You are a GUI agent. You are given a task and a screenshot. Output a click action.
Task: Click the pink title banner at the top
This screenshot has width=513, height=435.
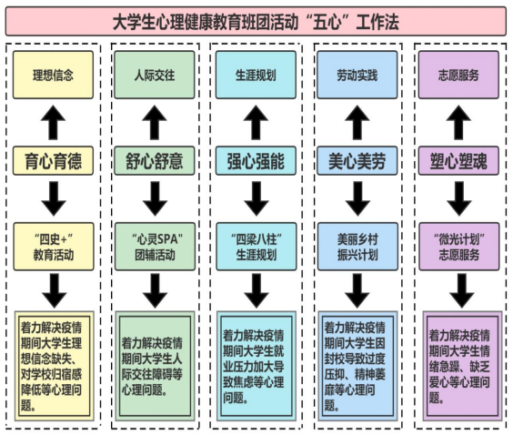[256, 22]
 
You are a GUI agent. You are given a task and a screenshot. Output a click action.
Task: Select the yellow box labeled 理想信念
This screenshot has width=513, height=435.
[53, 75]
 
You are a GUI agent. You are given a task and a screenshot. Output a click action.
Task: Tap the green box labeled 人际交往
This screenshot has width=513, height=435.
[155, 75]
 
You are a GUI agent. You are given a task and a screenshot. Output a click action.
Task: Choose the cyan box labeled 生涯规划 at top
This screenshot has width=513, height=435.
[256, 75]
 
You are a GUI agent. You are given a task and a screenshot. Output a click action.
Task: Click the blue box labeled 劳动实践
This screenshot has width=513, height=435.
[357, 75]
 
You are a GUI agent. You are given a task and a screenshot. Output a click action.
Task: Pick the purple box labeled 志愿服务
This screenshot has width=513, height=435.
[458, 75]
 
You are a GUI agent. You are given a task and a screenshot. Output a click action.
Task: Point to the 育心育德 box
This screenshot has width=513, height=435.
[53, 161]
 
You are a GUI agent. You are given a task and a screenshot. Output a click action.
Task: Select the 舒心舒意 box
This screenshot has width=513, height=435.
[155, 161]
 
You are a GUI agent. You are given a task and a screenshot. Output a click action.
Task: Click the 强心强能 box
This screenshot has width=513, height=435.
[256, 161]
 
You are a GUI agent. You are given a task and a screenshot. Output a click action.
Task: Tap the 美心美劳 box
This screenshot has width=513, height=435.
[357, 161]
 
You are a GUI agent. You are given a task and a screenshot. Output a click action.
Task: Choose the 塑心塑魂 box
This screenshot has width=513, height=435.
[458, 161]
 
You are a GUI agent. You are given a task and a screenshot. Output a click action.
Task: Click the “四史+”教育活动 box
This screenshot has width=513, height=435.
[54, 247]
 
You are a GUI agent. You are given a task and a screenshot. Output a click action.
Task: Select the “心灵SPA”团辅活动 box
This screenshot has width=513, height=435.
[155, 247]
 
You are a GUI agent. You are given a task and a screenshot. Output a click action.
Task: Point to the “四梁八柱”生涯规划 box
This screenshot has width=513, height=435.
[256, 247]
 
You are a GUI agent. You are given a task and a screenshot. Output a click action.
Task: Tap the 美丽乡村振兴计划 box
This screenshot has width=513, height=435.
[358, 247]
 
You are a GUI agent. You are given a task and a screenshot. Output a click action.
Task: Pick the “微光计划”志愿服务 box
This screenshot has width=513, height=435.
[459, 247]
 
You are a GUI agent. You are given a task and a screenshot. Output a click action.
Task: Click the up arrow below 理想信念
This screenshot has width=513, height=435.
[53, 123]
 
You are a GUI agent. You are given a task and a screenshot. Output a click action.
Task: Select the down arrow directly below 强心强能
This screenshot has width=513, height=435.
[256, 198]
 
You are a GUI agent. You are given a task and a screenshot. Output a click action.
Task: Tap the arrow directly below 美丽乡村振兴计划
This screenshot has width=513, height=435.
[357, 290]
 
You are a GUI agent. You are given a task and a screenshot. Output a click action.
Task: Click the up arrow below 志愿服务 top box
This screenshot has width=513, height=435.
[458, 123]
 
